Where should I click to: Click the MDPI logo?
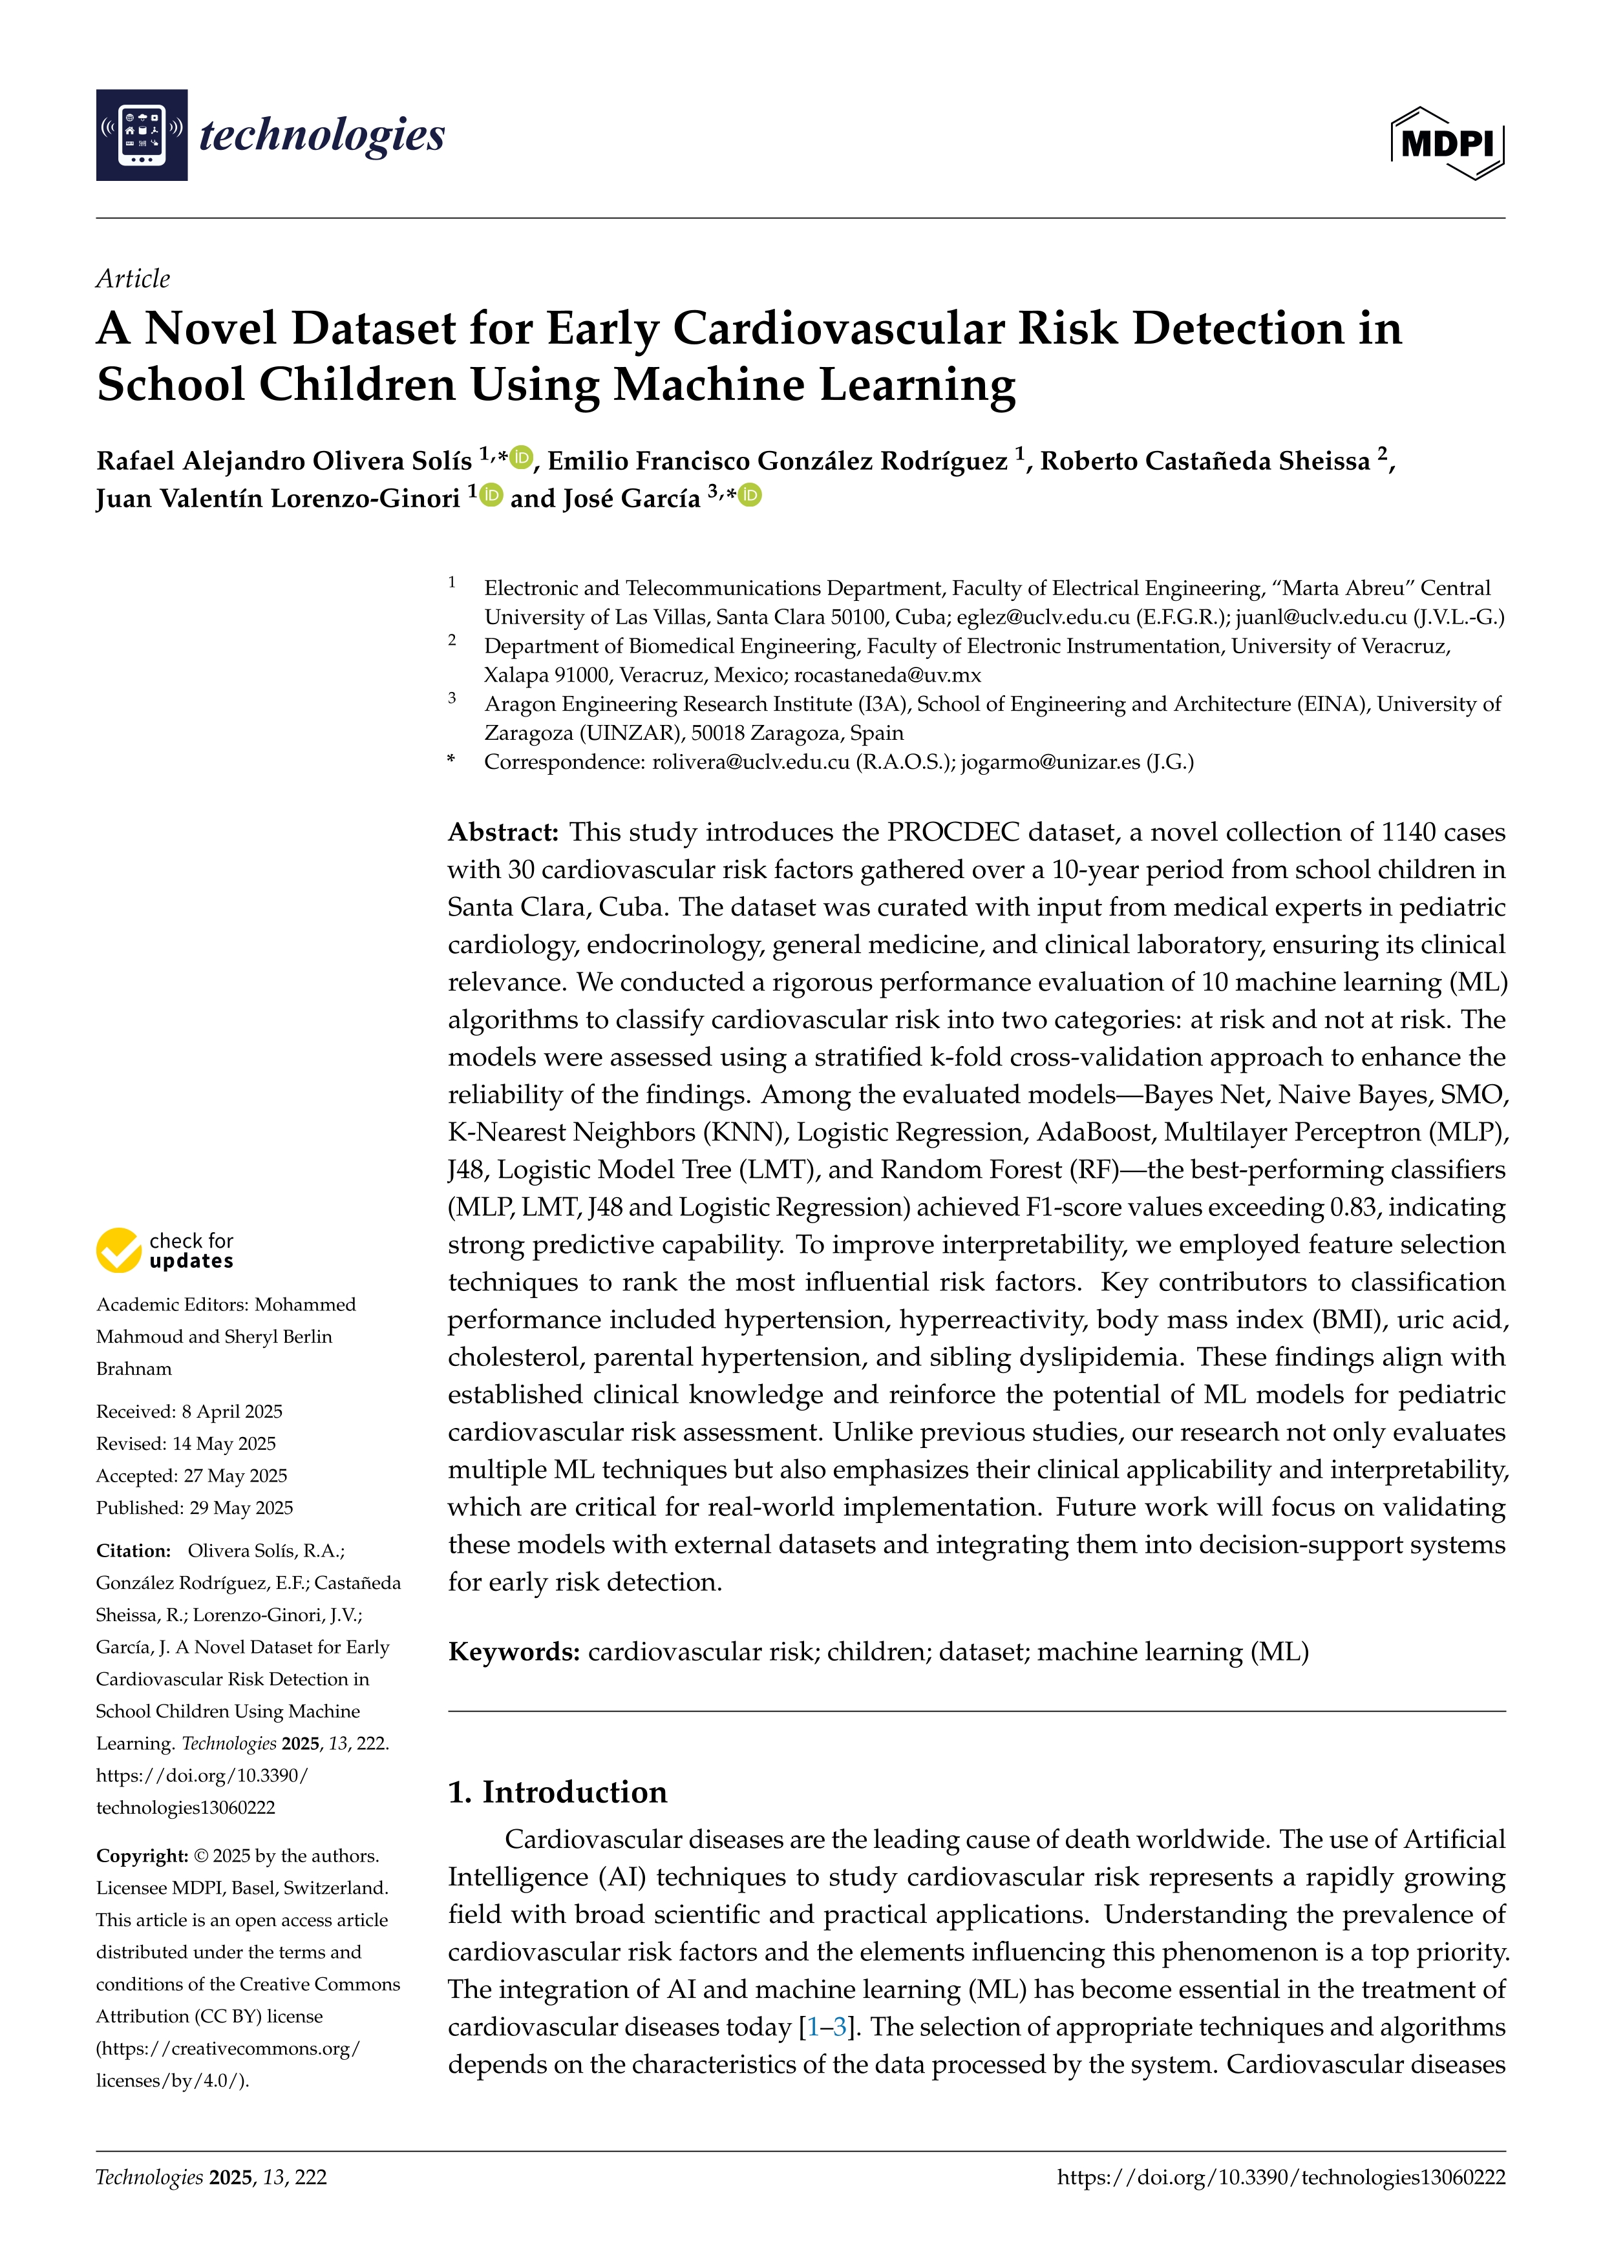pyautogui.click(x=1447, y=143)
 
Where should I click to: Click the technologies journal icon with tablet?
pyautogui.click(x=141, y=135)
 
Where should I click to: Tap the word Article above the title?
pyautogui.click(x=133, y=278)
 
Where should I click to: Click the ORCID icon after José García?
pyautogui.click(x=750, y=496)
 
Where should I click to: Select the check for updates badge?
pyautogui.click(x=165, y=1250)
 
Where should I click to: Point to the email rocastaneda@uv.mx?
pyautogui.click(x=887, y=675)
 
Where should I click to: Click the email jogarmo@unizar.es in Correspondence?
pyautogui.click(x=1050, y=762)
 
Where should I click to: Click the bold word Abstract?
pyautogui.click(x=504, y=832)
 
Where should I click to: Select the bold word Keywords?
pyautogui.click(x=513, y=1652)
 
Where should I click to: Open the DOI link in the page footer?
pyautogui.click(x=1280, y=2177)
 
